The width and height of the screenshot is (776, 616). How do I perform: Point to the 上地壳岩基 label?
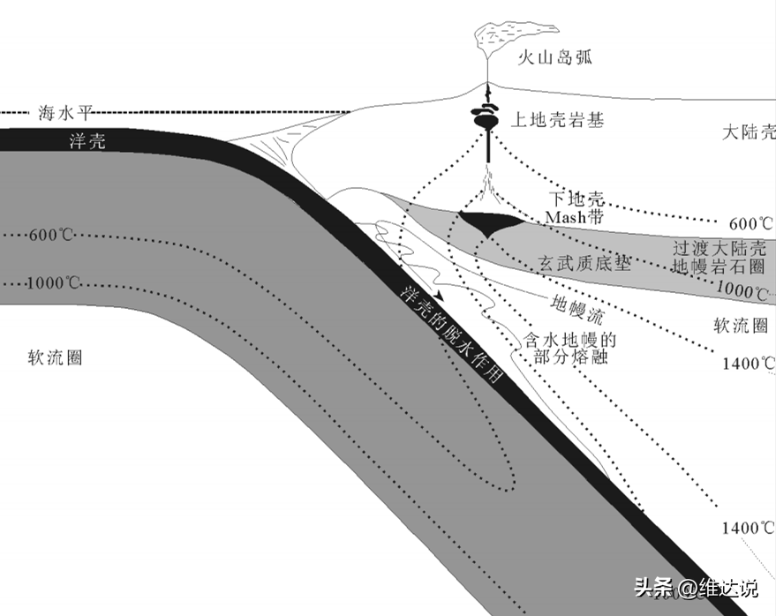click(559, 121)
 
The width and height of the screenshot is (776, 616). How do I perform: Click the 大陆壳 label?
click(748, 133)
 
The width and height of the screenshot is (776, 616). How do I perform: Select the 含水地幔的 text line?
click(569, 340)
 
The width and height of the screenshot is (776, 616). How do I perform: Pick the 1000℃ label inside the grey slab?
click(55, 284)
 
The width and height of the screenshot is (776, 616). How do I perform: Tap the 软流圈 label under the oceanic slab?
click(55, 357)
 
